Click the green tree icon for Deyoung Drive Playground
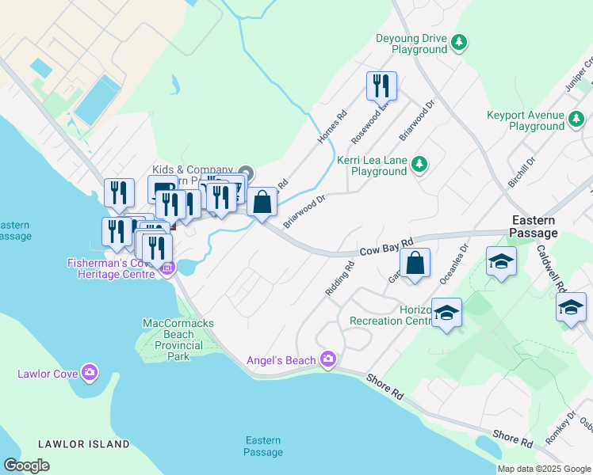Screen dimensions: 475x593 point(458,42)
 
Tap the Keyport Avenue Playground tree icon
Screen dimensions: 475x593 point(577,120)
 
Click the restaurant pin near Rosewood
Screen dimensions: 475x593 point(381,85)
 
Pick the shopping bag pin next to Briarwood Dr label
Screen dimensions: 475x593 point(262,202)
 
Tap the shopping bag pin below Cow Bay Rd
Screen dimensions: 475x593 point(415,264)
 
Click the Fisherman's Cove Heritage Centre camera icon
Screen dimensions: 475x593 point(166,268)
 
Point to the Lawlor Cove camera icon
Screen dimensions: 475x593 point(90,372)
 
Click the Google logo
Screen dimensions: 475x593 point(26,465)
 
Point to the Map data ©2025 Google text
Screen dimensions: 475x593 point(544,469)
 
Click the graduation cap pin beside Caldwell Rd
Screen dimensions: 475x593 point(571,307)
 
